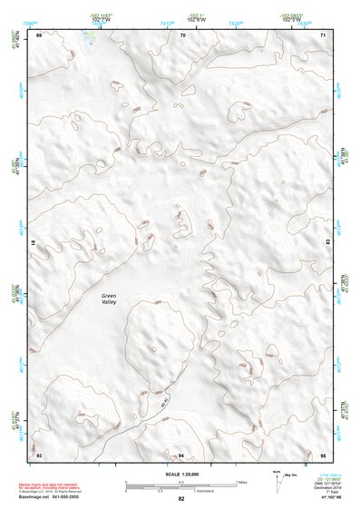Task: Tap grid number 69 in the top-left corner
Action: point(39,35)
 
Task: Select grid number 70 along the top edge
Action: point(182,35)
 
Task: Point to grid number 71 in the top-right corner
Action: point(323,35)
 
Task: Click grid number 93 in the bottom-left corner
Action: point(39,453)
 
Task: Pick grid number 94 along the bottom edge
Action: point(181,453)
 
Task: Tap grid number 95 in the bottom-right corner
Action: point(323,453)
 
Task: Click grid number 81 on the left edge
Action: point(34,243)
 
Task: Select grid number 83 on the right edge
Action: point(327,243)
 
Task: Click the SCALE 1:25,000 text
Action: point(180,473)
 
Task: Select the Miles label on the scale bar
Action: point(242,482)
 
